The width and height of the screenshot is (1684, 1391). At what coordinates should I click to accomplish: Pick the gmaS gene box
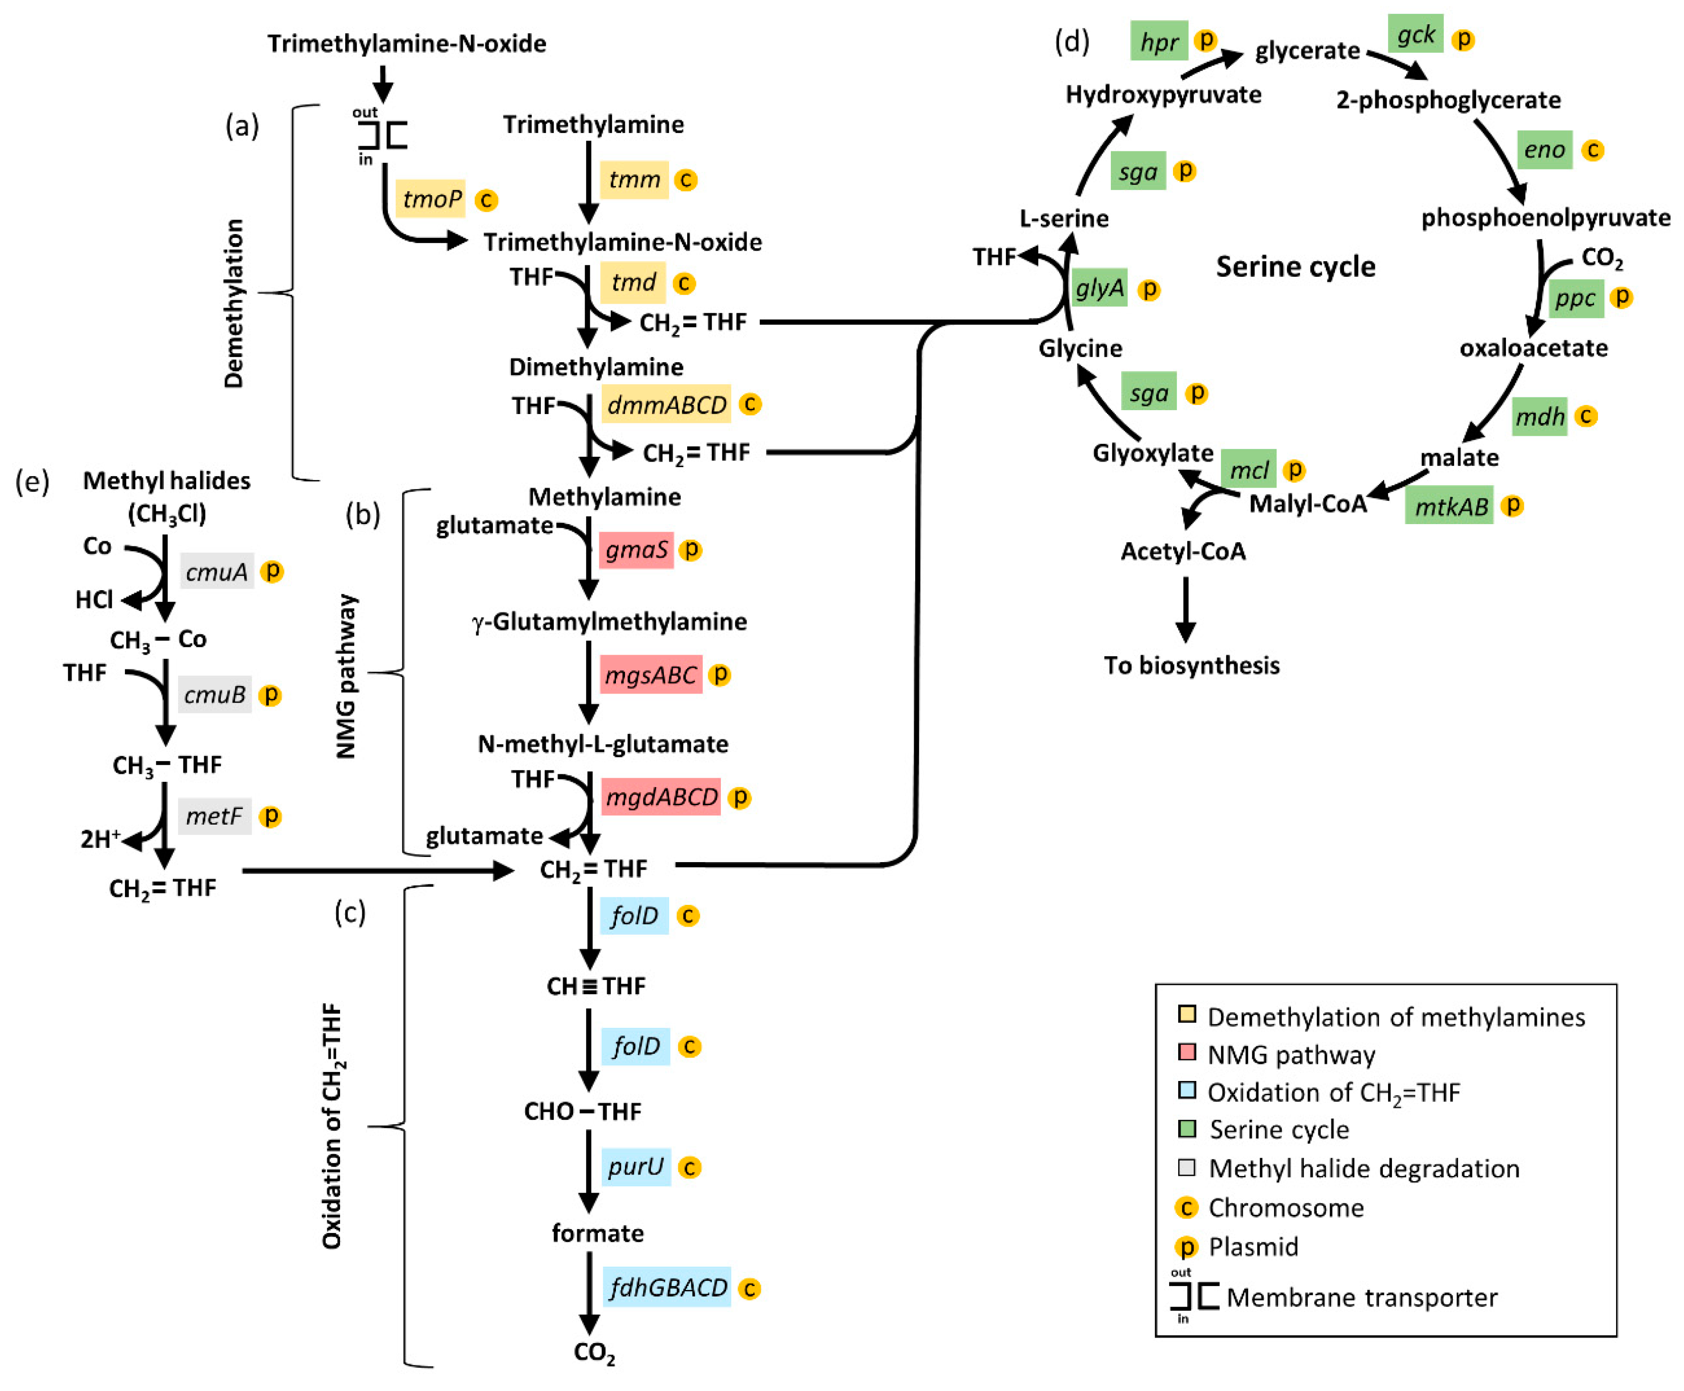tap(635, 550)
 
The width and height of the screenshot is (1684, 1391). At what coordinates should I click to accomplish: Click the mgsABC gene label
tap(650, 675)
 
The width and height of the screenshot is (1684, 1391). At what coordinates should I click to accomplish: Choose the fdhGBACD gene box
tap(666, 1287)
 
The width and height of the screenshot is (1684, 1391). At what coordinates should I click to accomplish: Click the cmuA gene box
tap(217, 571)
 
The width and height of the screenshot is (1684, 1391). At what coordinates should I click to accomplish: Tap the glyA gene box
tap(1100, 287)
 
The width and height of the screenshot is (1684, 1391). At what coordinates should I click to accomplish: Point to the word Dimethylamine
tap(596, 367)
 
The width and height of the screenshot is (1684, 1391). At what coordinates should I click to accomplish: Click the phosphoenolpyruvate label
tap(1545, 218)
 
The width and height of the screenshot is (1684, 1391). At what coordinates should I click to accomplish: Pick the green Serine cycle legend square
tap(1187, 1129)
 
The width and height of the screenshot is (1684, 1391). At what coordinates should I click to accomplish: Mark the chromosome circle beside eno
tap(1593, 150)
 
